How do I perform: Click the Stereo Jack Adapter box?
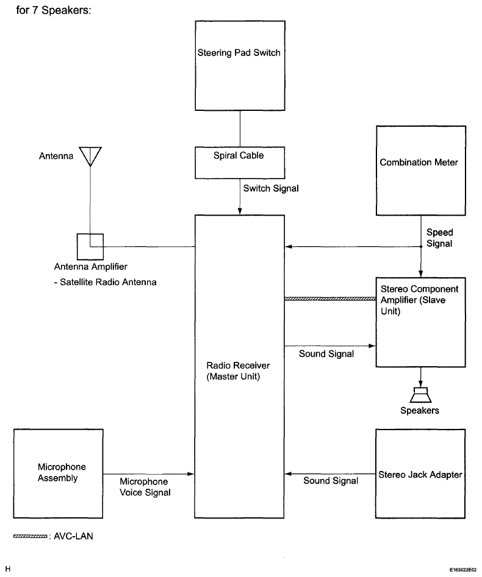click(419, 474)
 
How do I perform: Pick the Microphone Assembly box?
click(58, 473)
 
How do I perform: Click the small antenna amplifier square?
click(90, 246)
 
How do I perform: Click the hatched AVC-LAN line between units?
click(329, 299)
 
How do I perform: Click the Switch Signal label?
click(271, 189)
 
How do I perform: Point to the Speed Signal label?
click(439, 238)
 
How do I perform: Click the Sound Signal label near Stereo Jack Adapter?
click(331, 481)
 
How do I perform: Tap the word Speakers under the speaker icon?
click(420, 410)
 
